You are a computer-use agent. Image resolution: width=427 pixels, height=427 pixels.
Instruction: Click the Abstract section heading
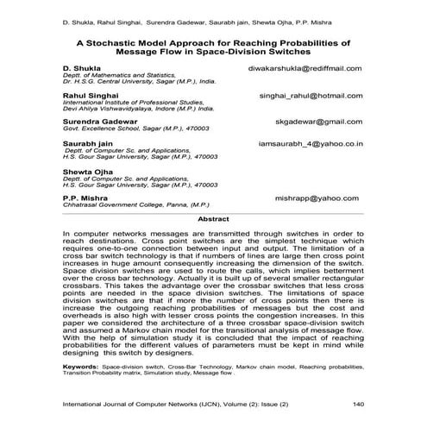coord(213,220)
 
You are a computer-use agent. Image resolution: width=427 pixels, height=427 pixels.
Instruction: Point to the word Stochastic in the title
coord(145,41)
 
